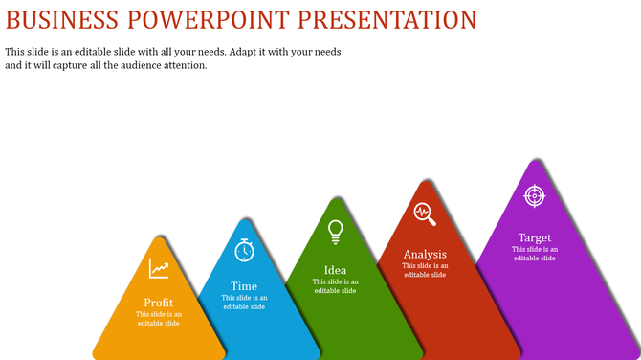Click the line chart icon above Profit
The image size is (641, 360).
pos(159,269)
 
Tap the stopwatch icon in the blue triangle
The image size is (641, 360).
pos(245,250)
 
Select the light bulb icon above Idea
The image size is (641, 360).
pos(335,231)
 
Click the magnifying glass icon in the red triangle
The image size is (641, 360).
pos(425,214)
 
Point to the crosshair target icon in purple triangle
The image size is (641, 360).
pos(534,195)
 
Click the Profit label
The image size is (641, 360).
pos(159,303)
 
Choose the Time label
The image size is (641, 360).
pos(244,286)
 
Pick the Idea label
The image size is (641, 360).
pos(335,270)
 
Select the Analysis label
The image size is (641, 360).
pos(425,255)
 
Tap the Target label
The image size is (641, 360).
pos(534,237)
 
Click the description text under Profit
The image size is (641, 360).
pos(159,319)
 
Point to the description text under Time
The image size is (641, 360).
pos(244,302)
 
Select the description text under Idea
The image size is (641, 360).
pos(335,285)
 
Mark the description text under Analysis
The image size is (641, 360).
pos(425,270)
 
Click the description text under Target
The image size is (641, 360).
pos(534,254)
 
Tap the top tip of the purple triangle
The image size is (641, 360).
pos(534,161)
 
